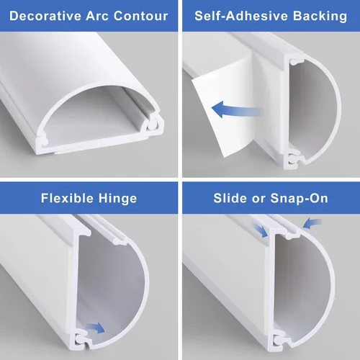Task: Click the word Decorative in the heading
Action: coord(45,16)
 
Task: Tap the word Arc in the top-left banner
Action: coord(97,16)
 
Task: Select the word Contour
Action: coord(140,16)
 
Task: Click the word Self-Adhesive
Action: coord(241,16)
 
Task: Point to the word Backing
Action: coord(320,17)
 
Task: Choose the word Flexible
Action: coord(67,198)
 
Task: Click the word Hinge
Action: coord(117,199)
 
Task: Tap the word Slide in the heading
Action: coord(230,198)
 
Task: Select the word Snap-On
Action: coord(299,199)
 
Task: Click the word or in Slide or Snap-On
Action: coord(258,199)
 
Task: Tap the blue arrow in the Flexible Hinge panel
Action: coord(96,328)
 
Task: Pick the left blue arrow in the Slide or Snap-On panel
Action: coord(260,230)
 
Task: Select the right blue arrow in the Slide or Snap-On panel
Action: coord(312,223)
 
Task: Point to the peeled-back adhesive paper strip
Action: coord(222,106)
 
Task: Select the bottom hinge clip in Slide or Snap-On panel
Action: coord(279,340)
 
